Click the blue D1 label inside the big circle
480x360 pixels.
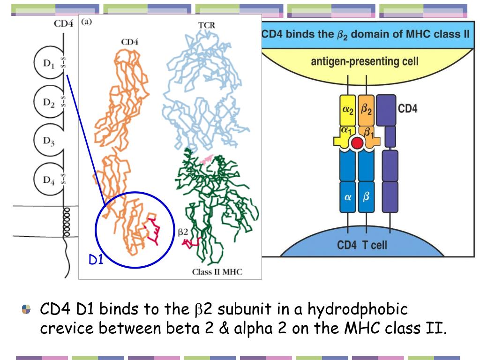[96, 260]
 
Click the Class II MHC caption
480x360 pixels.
[217, 272]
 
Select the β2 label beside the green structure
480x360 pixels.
[183, 231]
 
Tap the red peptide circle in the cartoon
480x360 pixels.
[357, 143]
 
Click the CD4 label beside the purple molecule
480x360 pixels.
[407, 109]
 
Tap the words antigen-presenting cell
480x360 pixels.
[365, 61]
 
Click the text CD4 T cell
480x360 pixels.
[362, 245]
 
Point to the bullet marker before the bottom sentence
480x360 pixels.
[26, 310]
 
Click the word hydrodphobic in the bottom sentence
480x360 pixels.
[358, 309]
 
